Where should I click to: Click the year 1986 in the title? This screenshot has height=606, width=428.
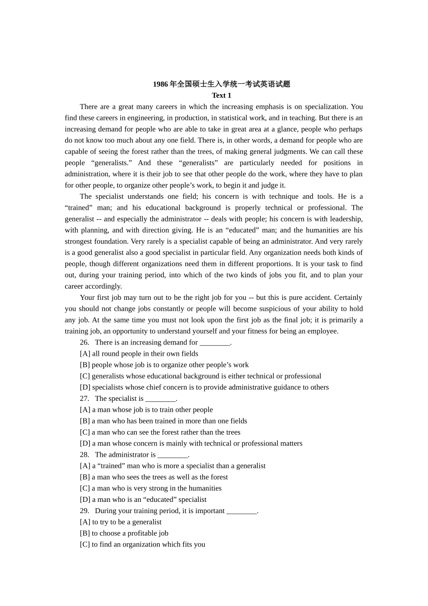(160, 84)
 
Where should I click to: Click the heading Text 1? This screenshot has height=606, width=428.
(221, 96)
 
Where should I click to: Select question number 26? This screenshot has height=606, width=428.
(84, 343)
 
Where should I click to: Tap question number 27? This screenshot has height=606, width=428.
(84, 399)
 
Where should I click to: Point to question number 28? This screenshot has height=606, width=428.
(84, 455)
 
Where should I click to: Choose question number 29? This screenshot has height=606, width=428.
(84, 511)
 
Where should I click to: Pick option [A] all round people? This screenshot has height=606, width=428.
(139, 354)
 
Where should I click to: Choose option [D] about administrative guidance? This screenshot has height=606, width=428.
(204, 387)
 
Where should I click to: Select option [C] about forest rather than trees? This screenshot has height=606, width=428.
(160, 432)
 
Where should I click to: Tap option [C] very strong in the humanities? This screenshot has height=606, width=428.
(150, 488)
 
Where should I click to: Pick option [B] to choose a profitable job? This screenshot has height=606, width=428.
(124, 533)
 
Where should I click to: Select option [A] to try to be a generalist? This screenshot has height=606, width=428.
(120, 522)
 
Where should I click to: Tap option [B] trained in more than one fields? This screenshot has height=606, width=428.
(163, 421)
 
